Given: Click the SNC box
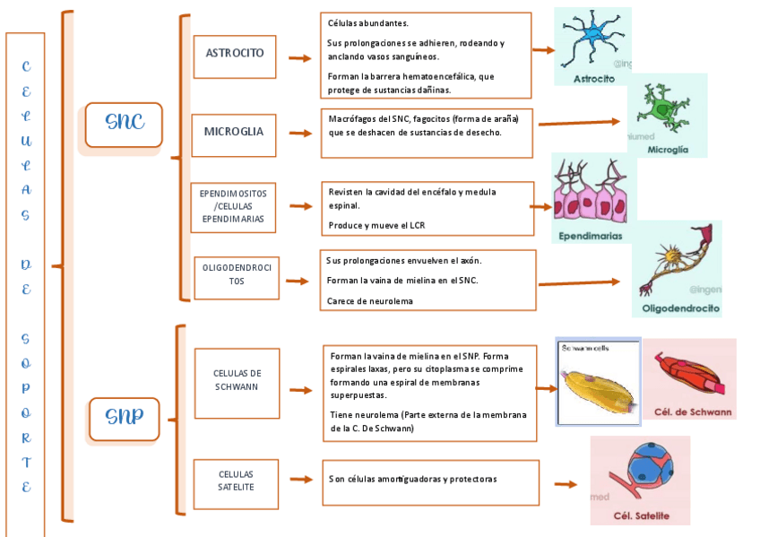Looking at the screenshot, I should click(124, 125).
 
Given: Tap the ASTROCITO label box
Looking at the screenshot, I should click(235, 54).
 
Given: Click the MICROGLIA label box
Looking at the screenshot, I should click(234, 133).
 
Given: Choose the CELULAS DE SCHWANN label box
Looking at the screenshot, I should click(237, 382).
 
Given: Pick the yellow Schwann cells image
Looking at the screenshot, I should click(598, 384).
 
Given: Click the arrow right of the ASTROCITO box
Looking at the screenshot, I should click(299, 57).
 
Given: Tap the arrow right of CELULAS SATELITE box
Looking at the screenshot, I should click(299, 481).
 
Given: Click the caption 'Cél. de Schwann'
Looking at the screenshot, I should click(693, 413).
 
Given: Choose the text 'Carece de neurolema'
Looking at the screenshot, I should click(370, 300).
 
